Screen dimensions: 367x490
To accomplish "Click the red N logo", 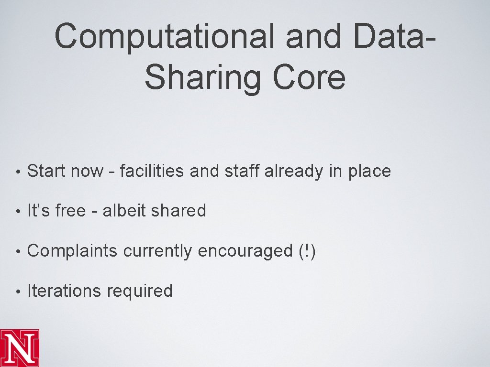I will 20,347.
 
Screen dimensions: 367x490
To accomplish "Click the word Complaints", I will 72,251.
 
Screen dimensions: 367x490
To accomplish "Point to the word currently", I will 157,251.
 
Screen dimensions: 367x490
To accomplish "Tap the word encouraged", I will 245,251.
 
